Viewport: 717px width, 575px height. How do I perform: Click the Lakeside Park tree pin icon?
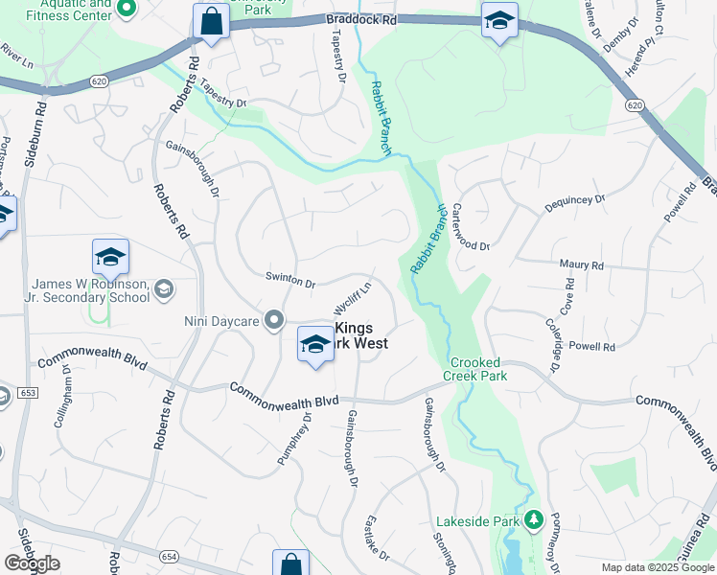(x=534, y=521)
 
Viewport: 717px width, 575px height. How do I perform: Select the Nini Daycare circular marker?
(x=275, y=320)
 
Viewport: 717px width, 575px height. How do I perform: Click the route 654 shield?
(x=169, y=556)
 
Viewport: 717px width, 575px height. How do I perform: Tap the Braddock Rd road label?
(x=359, y=19)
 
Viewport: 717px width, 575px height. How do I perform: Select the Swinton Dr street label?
(x=290, y=282)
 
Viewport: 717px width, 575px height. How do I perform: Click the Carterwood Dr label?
(x=471, y=227)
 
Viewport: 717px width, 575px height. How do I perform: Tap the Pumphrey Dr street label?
(x=294, y=438)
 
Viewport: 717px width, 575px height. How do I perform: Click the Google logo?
(x=33, y=563)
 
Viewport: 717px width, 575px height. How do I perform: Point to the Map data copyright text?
(x=658, y=567)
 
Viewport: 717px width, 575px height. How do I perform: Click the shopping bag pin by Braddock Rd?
(x=210, y=21)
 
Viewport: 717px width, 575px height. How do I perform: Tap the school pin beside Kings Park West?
(x=314, y=345)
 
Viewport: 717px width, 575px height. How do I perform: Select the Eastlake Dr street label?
(x=378, y=539)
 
